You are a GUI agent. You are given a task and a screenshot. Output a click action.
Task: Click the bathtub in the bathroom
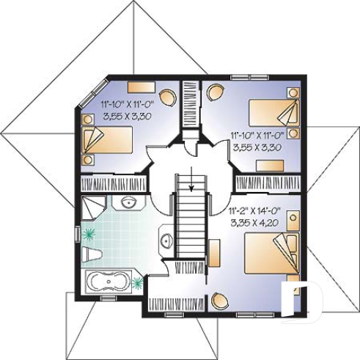tap(109, 282)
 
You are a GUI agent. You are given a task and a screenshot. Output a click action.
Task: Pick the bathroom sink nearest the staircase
tap(166, 240)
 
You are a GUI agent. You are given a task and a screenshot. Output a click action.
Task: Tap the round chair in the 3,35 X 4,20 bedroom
tap(220, 300)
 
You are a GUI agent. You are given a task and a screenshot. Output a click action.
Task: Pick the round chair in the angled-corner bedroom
tap(168, 95)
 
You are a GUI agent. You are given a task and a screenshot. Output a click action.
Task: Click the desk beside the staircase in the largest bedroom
tap(215, 252)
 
